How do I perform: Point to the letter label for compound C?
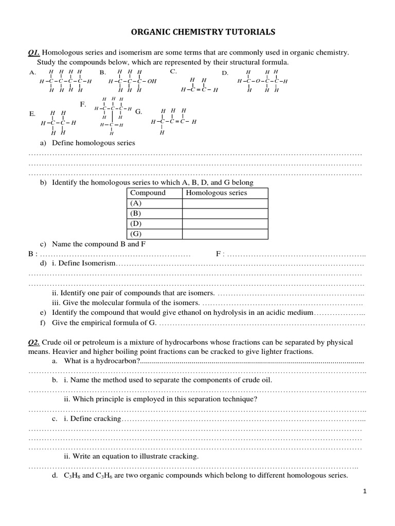(x=173, y=71)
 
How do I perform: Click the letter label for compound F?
(x=83, y=104)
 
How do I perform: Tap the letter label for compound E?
(x=32, y=114)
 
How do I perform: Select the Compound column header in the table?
(x=148, y=193)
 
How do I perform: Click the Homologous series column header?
(x=216, y=193)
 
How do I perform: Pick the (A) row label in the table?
(x=136, y=203)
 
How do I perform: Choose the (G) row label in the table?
(x=136, y=234)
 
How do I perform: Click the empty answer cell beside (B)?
(x=225, y=213)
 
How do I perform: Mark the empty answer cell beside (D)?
(x=225, y=224)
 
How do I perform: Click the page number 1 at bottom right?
(x=365, y=492)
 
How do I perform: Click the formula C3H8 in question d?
(x=72, y=476)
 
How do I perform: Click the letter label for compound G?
(x=138, y=111)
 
